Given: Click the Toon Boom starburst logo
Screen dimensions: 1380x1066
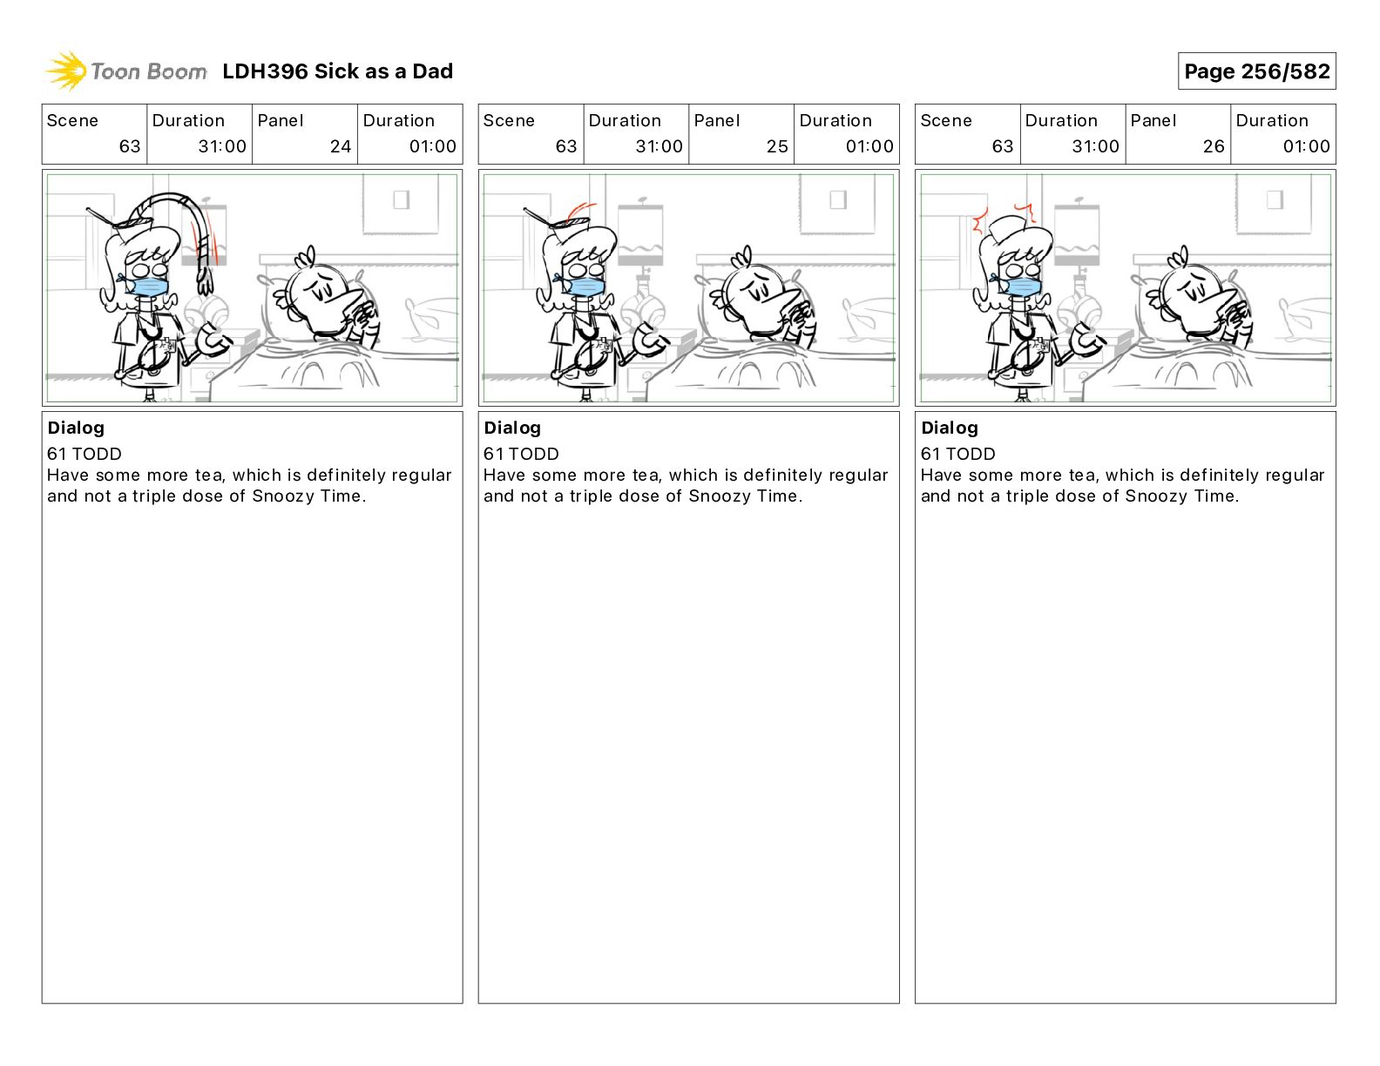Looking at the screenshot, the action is (x=66, y=71).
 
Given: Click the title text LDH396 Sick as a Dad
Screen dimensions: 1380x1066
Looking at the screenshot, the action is (x=337, y=71).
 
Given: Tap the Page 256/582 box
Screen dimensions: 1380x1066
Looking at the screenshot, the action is (x=1256, y=71).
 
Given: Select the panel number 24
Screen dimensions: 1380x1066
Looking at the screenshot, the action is (x=341, y=146).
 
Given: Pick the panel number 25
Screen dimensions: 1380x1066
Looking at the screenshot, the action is (x=777, y=146).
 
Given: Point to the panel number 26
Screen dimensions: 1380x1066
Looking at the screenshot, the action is (x=1213, y=146).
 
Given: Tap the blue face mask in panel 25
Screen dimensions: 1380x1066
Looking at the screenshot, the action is (x=585, y=287).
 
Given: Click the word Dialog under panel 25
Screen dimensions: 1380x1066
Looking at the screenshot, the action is (x=512, y=428).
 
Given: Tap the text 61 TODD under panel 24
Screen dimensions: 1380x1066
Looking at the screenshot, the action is (x=84, y=454).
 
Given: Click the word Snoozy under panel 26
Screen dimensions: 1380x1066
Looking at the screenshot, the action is (x=1147, y=496).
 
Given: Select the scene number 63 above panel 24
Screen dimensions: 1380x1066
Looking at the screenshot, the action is (x=130, y=146).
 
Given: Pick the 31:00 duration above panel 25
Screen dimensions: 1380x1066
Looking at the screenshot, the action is (x=659, y=146).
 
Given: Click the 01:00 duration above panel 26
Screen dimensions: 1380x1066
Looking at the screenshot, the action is (x=1306, y=146).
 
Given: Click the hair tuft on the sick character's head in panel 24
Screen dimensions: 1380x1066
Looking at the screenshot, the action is (x=304, y=256).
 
